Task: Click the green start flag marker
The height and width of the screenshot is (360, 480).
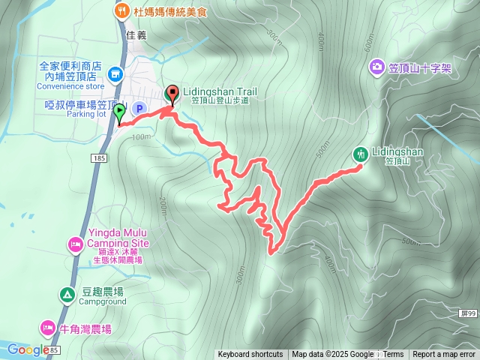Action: point(120,113)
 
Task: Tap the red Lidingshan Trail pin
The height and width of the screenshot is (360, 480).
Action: point(172,94)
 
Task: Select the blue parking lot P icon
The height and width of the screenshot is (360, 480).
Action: point(139,109)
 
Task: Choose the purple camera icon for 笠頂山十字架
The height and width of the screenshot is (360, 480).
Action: point(376,68)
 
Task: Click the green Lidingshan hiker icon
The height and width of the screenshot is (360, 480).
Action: point(361,154)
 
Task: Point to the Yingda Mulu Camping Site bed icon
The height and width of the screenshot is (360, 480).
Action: point(75,244)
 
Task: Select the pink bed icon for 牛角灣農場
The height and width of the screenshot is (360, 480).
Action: point(47,328)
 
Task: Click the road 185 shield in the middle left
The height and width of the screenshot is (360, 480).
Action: point(100,158)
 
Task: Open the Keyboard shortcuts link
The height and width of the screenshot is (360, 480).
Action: point(250,355)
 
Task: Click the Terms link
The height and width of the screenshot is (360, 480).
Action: point(393,355)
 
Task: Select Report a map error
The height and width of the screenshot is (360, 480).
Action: point(444,355)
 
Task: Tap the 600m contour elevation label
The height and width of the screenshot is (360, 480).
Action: point(367,45)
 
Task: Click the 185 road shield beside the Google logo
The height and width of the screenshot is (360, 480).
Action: point(54,350)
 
